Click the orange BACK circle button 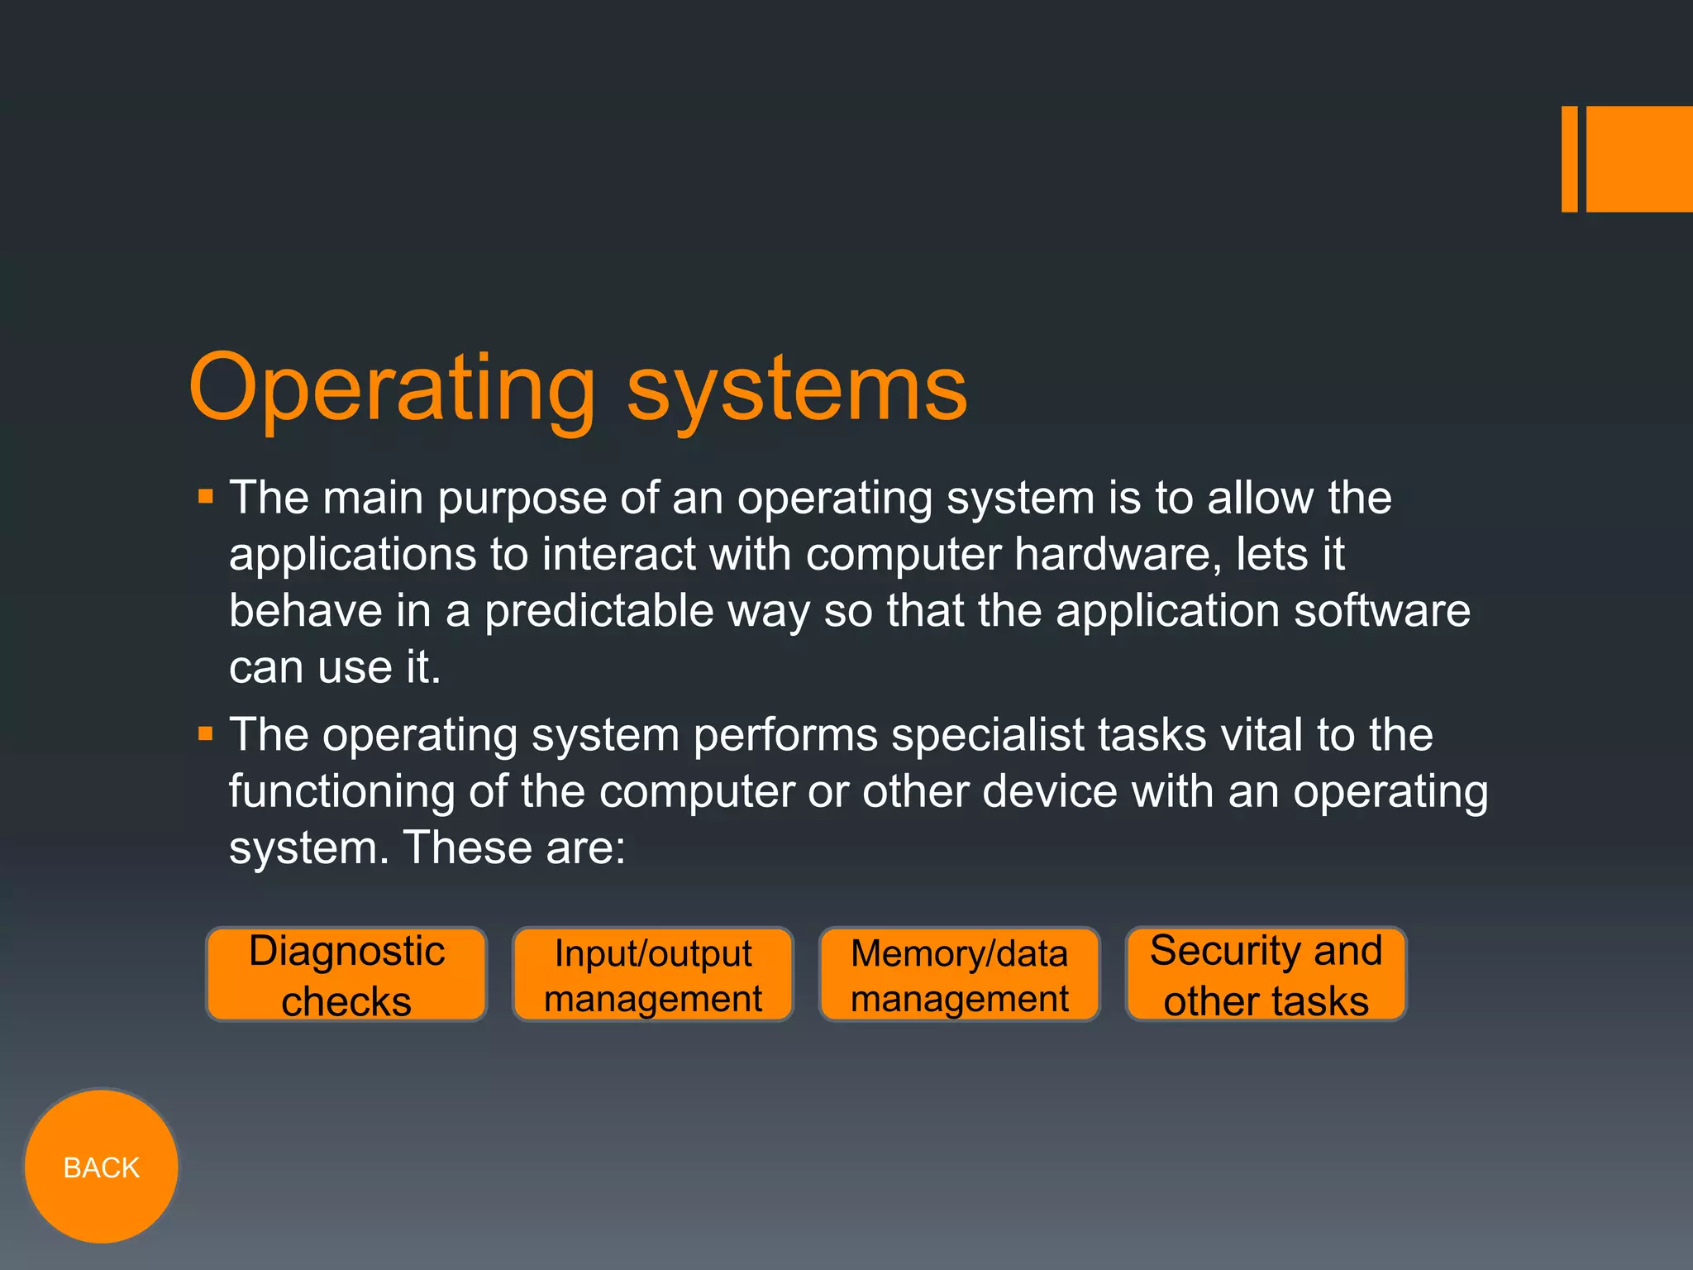click(101, 1166)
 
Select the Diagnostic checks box click(346, 975)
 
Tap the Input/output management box click(653, 975)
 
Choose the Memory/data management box click(960, 975)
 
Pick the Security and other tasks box click(1266, 975)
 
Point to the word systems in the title click(796, 389)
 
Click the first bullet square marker click(206, 497)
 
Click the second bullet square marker click(206, 733)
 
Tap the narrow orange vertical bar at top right click(1569, 159)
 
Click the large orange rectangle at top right click(1639, 159)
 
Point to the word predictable click(599, 611)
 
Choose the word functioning click(341, 792)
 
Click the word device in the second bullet click(1050, 791)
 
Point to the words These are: click(514, 848)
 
